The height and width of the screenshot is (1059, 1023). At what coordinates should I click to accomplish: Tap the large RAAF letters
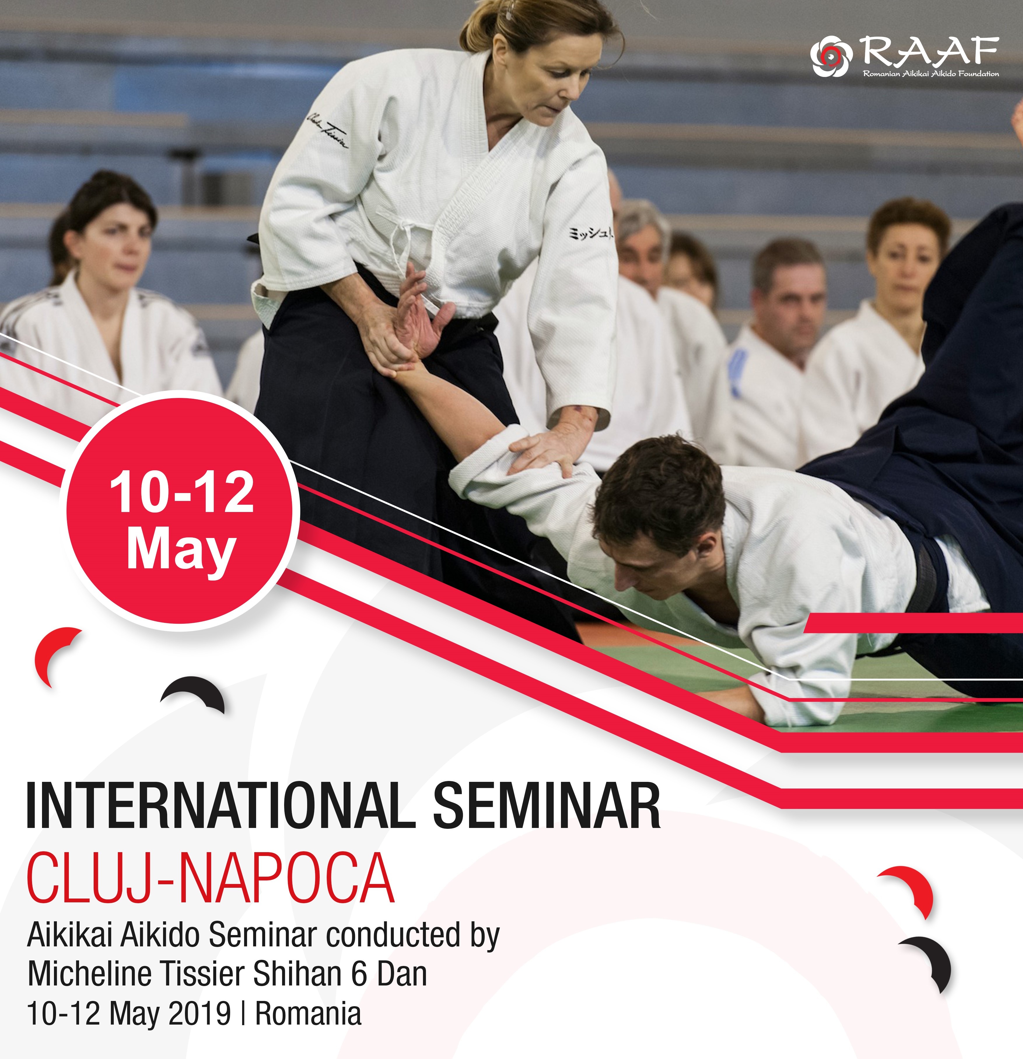click(929, 52)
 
